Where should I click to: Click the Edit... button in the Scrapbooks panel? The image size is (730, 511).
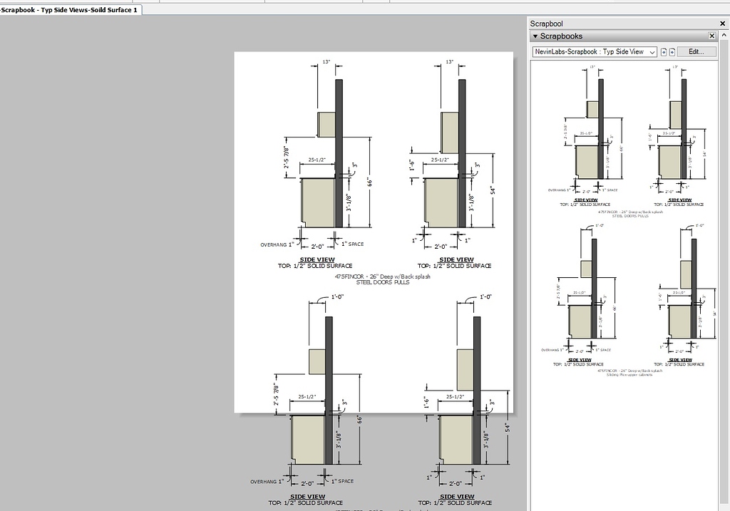(696, 51)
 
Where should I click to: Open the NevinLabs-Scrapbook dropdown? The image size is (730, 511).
(595, 51)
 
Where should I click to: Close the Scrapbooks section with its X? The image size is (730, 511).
(711, 36)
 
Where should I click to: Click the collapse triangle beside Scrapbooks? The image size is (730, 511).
(535, 36)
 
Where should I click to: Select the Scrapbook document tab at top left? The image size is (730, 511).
(70, 10)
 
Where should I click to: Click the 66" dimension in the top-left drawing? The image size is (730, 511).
(371, 182)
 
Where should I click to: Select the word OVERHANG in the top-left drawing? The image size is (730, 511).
(274, 244)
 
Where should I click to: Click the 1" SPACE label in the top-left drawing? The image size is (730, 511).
(353, 244)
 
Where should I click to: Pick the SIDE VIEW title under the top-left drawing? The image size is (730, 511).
(317, 259)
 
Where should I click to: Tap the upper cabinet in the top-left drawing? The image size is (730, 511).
(327, 125)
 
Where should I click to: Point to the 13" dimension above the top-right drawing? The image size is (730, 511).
(449, 62)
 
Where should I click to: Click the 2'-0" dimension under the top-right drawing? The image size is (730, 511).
(441, 247)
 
